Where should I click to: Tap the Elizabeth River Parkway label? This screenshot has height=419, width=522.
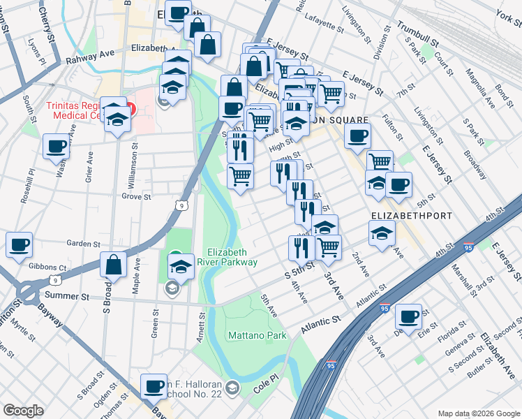(x=232, y=257)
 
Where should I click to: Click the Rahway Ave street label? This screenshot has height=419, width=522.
(x=89, y=56)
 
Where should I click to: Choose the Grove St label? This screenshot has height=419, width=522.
(x=136, y=197)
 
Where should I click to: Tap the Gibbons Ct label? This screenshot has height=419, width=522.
(x=47, y=267)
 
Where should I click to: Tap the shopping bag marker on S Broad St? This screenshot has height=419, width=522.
(x=113, y=265)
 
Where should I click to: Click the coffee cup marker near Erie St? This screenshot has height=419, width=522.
(x=408, y=316)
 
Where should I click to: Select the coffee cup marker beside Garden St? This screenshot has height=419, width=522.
(x=20, y=244)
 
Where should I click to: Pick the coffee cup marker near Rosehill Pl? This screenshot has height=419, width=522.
(x=56, y=146)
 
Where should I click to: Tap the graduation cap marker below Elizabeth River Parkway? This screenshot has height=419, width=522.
(x=181, y=266)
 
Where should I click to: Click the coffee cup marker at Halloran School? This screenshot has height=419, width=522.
(x=154, y=385)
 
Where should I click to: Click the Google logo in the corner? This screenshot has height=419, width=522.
(x=24, y=411)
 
